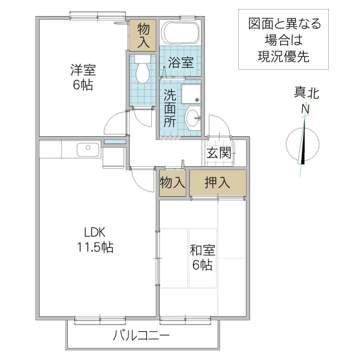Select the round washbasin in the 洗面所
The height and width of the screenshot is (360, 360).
tap(193, 118)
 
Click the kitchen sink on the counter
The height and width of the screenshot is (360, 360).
tap(87, 148)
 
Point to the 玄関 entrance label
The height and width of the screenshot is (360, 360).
tap(219, 153)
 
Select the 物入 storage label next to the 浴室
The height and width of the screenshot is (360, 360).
tap(143, 35)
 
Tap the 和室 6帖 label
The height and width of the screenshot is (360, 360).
tap(202, 257)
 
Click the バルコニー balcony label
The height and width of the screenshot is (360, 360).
tap(142, 336)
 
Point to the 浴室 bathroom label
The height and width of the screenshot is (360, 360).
tap(180, 61)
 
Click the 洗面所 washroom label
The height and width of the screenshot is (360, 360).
tap(170, 108)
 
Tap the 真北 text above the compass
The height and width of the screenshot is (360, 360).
tap(306, 93)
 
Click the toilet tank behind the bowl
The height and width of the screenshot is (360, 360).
tap(143, 59)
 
